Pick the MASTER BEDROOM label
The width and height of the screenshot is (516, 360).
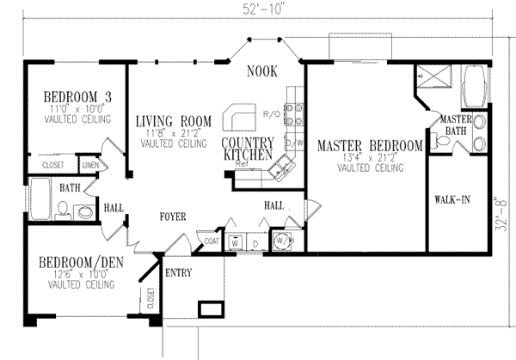click(x=369, y=146)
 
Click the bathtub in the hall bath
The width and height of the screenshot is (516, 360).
click(x=40, y=199)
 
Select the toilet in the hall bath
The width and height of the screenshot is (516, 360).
click(x=83, y=211)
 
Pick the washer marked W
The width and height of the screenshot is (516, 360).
click(x=235, y=241)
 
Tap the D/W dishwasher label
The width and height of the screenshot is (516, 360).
click(x=291, y=142)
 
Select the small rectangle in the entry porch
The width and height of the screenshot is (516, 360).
click(x=209, y=308)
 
